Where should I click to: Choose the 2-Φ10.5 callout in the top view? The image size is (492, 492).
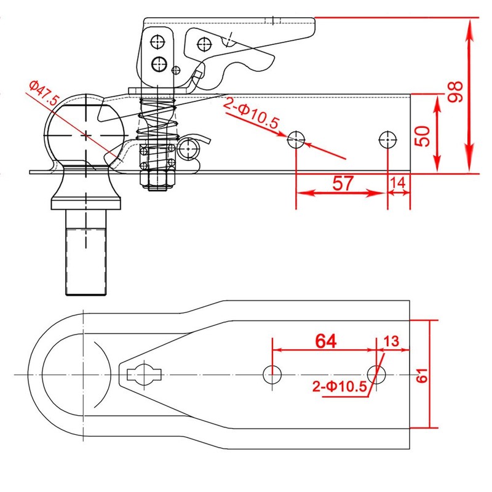click(x=339, y=387)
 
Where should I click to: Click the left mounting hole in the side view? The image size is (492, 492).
click(x=297, y=140)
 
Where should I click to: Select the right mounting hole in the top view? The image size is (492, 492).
click(x=376, y=374)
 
